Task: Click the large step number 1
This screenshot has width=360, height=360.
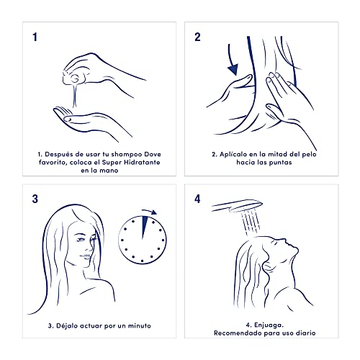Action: (x=35, y=37)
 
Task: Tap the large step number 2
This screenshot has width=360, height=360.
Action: (x=197, y=37)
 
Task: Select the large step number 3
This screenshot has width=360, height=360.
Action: (x=35, y=199)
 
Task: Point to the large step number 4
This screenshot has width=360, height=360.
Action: (x=197, y=199)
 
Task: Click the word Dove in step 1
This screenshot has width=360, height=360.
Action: (x=153, y=154)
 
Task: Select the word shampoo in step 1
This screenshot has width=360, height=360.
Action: (x=127, y=155)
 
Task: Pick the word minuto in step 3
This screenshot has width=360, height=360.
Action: (x=139, y=325)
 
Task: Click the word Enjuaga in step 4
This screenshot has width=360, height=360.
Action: (x=269, y=325)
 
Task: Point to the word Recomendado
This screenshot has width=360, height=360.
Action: (x=238, y=333)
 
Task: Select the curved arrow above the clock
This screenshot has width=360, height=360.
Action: (x=150, y=211)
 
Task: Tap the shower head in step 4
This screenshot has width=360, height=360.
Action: (x=237, y=206)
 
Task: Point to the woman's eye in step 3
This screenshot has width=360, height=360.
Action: (x=81, y=239)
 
